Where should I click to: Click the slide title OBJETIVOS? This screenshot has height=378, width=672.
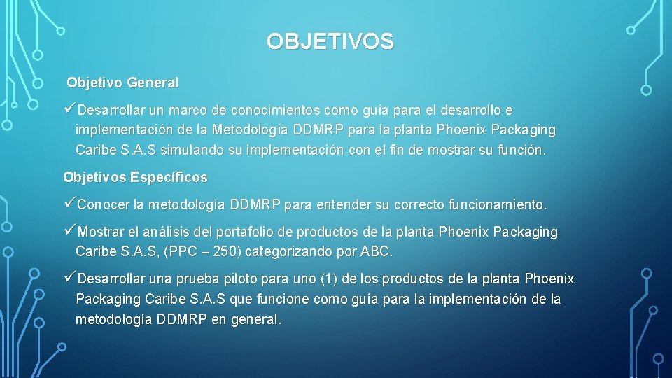click(330, 42)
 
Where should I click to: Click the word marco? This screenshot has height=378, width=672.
click(189, 111)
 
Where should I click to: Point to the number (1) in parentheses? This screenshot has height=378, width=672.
click(329, 279)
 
